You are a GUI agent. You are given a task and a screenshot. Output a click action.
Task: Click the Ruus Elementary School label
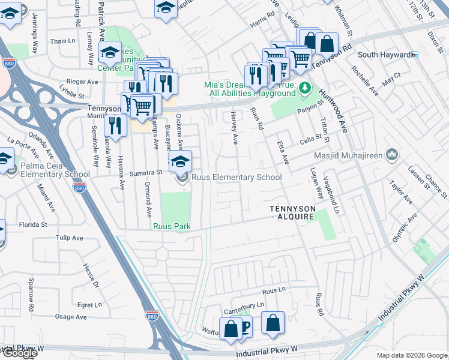236,177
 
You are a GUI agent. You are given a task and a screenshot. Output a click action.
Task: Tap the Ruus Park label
172,226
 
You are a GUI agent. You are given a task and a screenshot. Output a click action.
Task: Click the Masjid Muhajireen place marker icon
392,155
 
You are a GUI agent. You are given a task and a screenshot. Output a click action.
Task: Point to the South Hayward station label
384,55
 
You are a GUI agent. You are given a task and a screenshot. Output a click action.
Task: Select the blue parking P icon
246,326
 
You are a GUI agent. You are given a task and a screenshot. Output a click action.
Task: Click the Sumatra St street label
147,172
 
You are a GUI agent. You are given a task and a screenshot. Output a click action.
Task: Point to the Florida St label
33,225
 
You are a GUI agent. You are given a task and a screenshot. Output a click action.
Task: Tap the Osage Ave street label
71,317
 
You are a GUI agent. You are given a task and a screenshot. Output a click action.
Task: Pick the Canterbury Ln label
244,304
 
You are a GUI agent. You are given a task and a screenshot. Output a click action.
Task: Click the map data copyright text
411,355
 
